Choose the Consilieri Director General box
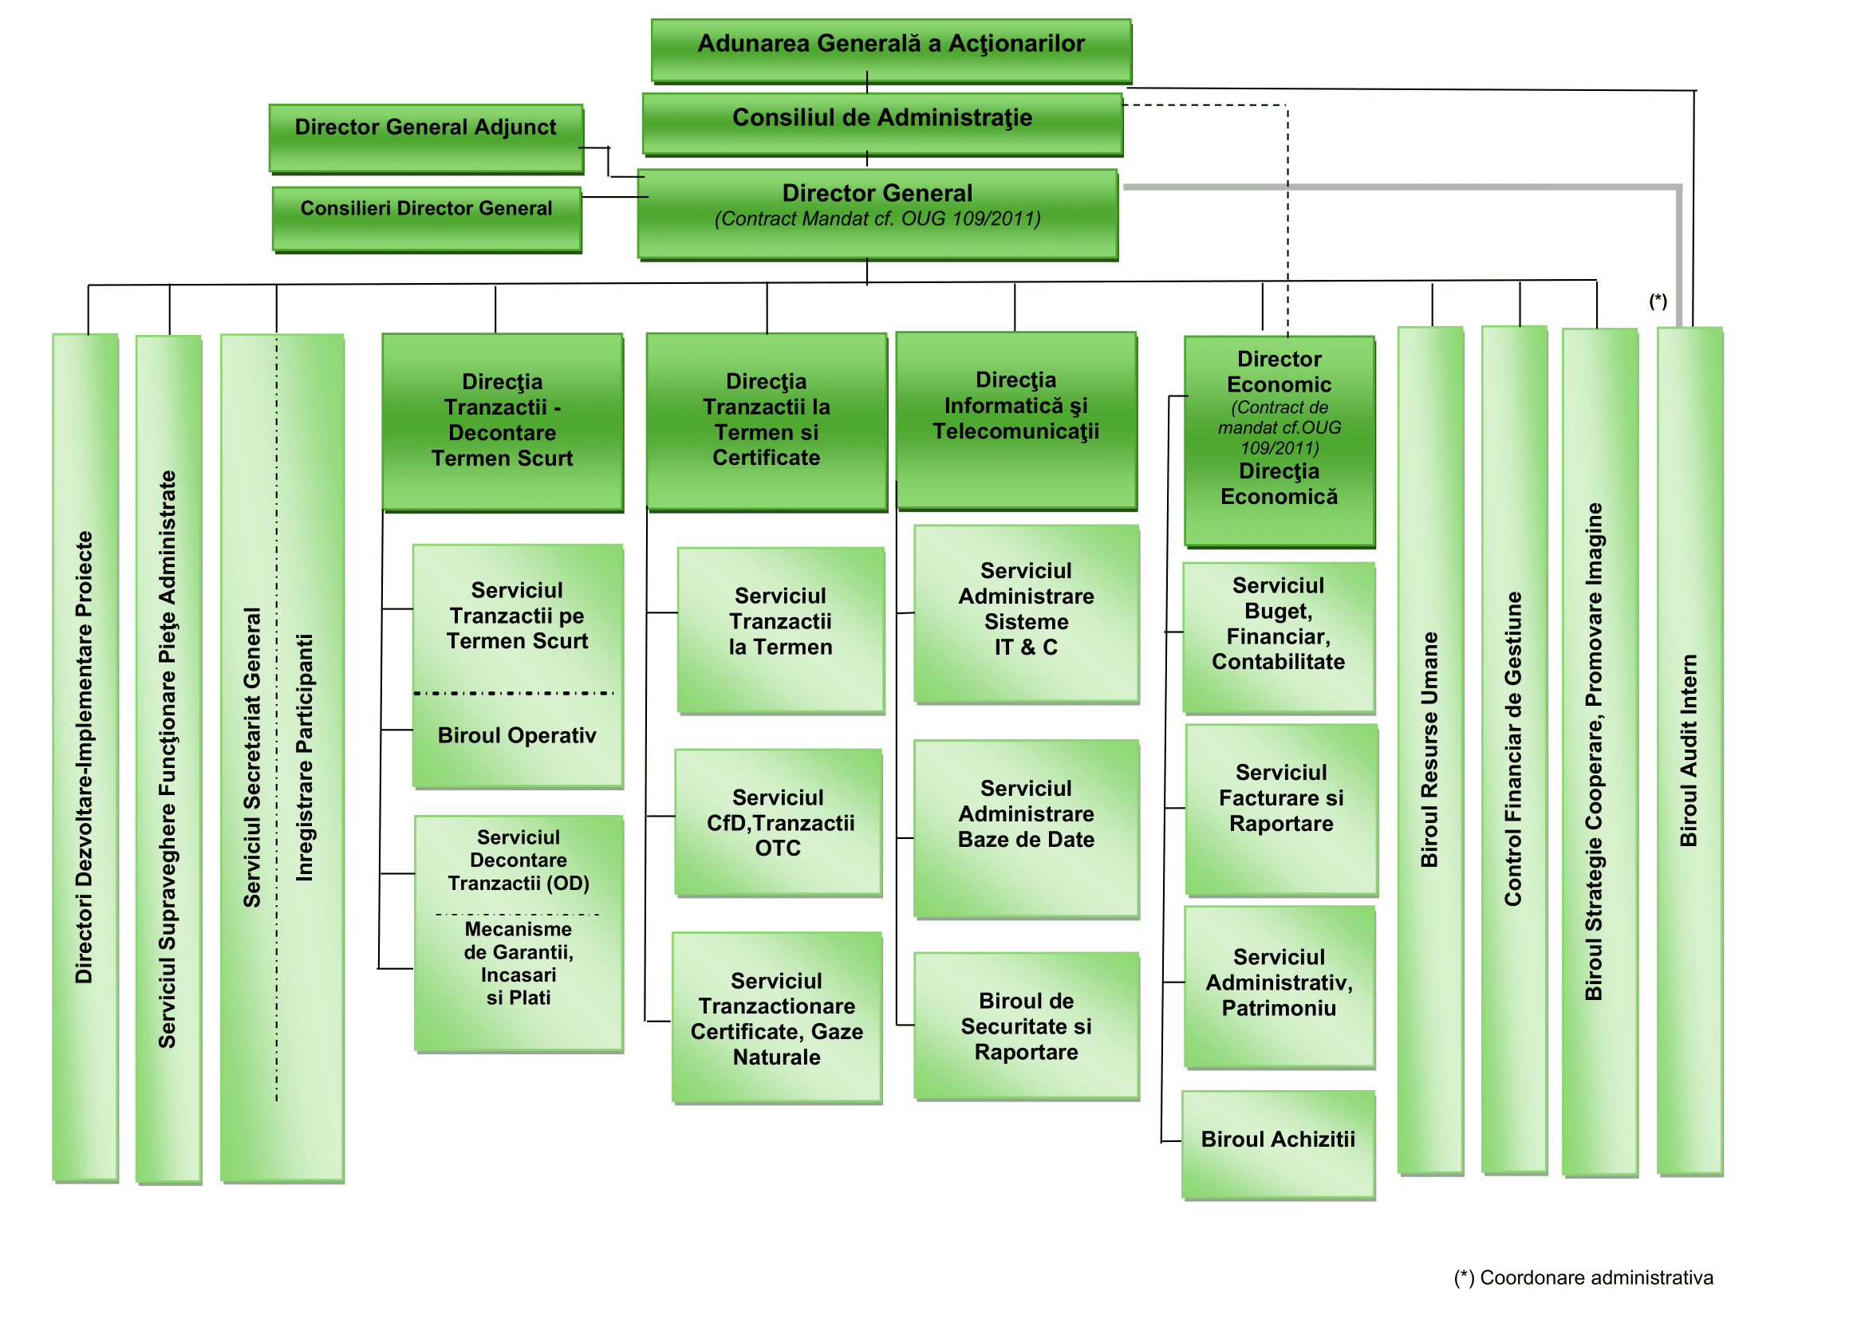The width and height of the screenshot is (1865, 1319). [x=427, y=217]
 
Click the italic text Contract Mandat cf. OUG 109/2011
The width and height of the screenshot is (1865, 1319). [x=877, y=219]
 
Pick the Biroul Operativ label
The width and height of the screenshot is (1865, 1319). [x=517, y=736]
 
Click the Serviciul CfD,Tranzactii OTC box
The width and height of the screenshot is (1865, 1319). [x=778, y=822]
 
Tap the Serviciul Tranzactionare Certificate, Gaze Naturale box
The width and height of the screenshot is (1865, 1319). [x=776, y=1018]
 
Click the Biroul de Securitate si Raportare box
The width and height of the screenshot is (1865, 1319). [x=1026, y=1026]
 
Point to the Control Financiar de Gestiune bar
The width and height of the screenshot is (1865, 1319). [x=1513, y=749]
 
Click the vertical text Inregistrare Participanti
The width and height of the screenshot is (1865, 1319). [x=305, y=757]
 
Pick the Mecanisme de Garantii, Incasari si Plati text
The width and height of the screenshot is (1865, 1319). [x=518, y=963]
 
